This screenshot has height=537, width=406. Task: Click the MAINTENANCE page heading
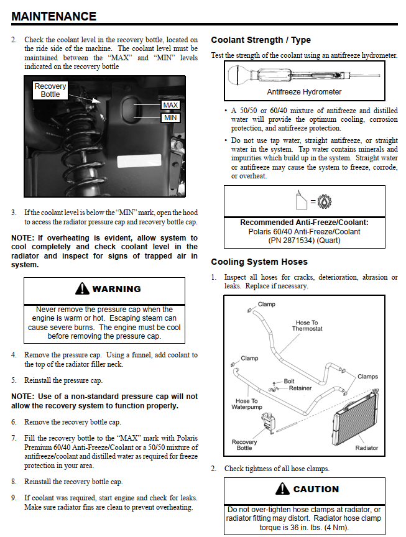point(54,16)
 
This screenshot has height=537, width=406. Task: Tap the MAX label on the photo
point(170,105)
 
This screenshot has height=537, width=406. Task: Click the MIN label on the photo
point(170,117)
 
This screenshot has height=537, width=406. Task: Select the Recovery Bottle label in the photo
point(50,90)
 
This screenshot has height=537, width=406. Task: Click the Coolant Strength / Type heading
point(261,40)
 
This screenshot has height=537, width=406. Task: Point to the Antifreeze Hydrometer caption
point(304,92)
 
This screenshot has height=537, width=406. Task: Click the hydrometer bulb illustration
point(239,76)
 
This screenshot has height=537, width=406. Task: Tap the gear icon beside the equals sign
point(325,201)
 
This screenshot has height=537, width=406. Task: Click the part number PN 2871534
point(305,240)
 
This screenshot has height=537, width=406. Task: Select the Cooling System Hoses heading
point(259,262)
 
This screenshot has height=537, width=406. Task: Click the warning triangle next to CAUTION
point(283,489)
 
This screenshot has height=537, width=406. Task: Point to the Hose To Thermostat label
point(307,326)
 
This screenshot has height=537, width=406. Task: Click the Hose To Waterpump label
point(246,405)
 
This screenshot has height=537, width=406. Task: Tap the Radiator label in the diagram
point(366,448)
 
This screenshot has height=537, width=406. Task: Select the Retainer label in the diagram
point(300,388)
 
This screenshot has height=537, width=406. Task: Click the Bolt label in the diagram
point(289,381)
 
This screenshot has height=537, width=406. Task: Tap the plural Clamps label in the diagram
point(367,377)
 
